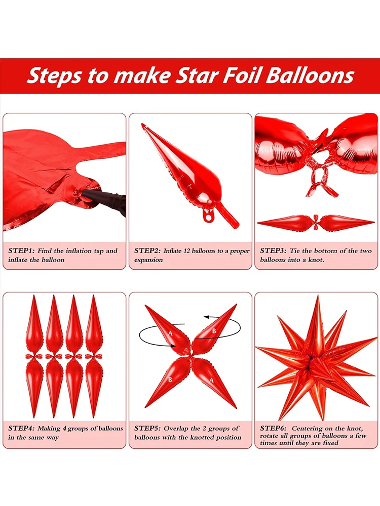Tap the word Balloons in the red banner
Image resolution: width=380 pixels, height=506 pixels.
click(310, 75)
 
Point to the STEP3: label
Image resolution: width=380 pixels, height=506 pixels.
click(274, 251)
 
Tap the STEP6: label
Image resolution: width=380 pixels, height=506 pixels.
click(274, 429)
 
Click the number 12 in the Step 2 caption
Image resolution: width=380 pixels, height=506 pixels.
click(187, 251)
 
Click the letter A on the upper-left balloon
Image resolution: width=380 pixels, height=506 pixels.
click(171, 333)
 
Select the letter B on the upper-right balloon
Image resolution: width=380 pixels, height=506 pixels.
click(214, 331)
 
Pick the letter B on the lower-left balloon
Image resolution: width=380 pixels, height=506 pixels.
click(170, 380)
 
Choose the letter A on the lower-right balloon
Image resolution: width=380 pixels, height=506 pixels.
click(211, 381)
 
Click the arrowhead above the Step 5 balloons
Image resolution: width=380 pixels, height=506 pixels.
click(206, 317)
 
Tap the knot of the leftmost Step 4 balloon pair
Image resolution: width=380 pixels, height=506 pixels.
click(34, 356)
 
